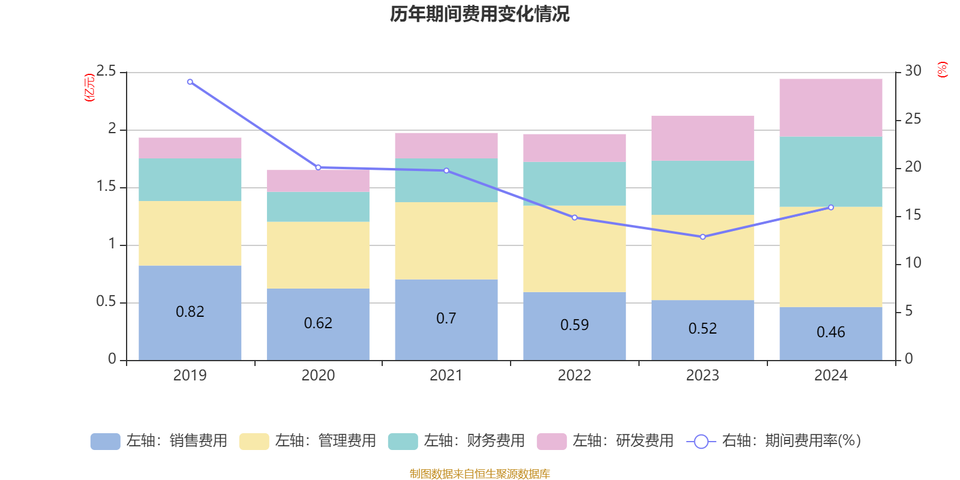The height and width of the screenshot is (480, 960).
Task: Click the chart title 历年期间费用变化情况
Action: click(x=479, y=14)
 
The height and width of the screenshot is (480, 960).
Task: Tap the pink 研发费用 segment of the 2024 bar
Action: click(x=830, y=107)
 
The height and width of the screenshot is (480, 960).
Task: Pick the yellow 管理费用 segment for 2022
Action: click(x=574, y=249)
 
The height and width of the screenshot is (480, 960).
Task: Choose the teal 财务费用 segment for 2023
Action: click(x=702, y=187)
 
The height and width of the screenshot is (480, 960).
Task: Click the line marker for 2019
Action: click(x=190, y=82)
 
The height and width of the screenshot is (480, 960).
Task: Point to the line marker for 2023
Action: click(x=703, y=237)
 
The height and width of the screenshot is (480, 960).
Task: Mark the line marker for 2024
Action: click(x=831, y=208)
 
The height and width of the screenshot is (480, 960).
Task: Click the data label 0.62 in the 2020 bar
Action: click(x=318, y=323)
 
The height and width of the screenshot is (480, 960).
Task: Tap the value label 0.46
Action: click(x=830, y=332)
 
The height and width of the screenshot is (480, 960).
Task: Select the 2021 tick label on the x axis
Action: click(x=446, y=376)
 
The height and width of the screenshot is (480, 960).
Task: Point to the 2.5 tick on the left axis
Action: click(x=106, y=71)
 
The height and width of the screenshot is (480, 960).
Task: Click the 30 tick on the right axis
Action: click(x=913, y=71)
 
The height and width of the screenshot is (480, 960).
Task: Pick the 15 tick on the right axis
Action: click(x=913, y=215)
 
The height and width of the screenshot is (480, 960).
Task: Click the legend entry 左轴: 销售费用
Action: click(x=159, y=441)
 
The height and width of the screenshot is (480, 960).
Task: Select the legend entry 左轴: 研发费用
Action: click(x=605, y=441)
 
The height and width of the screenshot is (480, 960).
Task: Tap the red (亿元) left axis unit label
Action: click(x=89, y=88)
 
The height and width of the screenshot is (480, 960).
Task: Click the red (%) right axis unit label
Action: click(x=943, y=70)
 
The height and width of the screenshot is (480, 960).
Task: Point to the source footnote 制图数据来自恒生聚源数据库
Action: click(x=479, y=474)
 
